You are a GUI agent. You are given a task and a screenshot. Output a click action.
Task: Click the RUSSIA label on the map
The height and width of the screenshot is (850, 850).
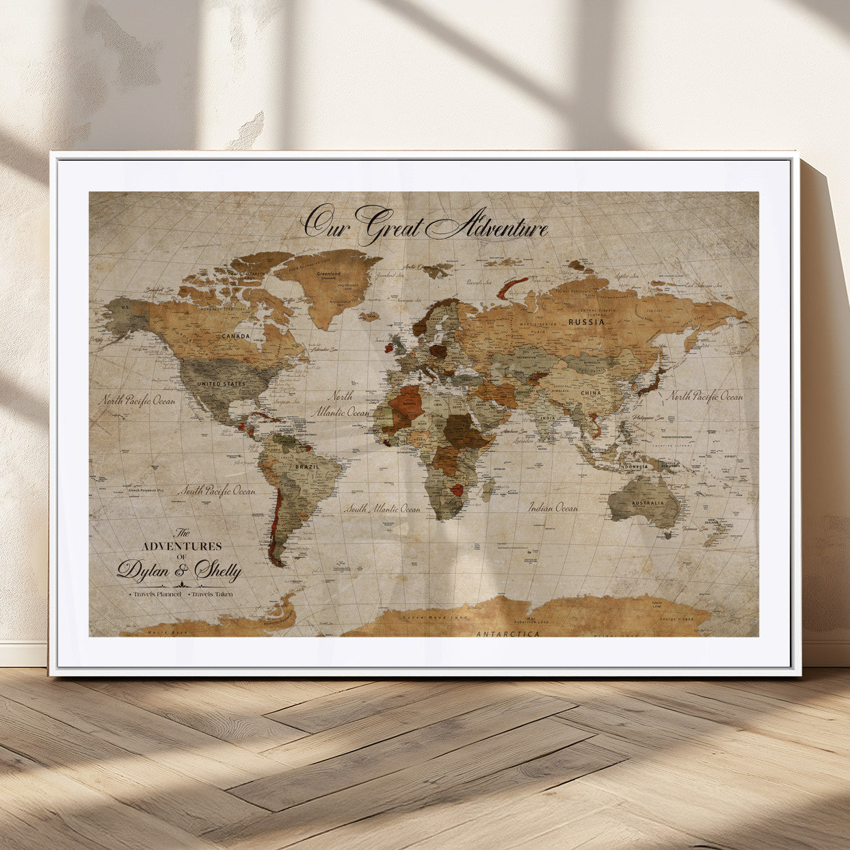(586, 321)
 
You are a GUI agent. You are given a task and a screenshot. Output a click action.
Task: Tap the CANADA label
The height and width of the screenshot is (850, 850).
(235, 336)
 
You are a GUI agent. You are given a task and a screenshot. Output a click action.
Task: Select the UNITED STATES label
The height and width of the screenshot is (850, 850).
(221, 384)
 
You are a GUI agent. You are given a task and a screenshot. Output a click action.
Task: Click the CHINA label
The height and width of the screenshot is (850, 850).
(591, 394)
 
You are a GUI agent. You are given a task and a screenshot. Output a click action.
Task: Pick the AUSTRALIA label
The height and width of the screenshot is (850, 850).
(647, 503)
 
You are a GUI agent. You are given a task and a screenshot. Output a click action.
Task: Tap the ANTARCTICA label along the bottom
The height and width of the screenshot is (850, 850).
(507, 634)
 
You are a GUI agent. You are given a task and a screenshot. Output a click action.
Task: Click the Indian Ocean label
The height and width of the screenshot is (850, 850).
(553, 507)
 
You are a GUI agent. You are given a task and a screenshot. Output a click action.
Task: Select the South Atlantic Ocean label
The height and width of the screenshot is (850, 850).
(382, 509)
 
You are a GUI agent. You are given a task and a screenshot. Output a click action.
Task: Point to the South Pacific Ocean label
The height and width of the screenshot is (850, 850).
(217, 490)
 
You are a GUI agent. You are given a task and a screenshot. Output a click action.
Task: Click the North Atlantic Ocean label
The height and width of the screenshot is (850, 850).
(341, 404)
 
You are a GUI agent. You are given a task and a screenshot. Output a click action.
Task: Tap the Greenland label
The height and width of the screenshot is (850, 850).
(328, 274)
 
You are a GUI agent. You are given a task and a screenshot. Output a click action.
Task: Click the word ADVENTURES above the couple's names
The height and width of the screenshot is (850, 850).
(181, 546)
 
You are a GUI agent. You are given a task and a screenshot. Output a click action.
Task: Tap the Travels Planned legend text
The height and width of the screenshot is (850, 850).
(157, 594)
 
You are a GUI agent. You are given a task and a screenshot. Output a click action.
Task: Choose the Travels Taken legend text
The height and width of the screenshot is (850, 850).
(212, 594)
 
